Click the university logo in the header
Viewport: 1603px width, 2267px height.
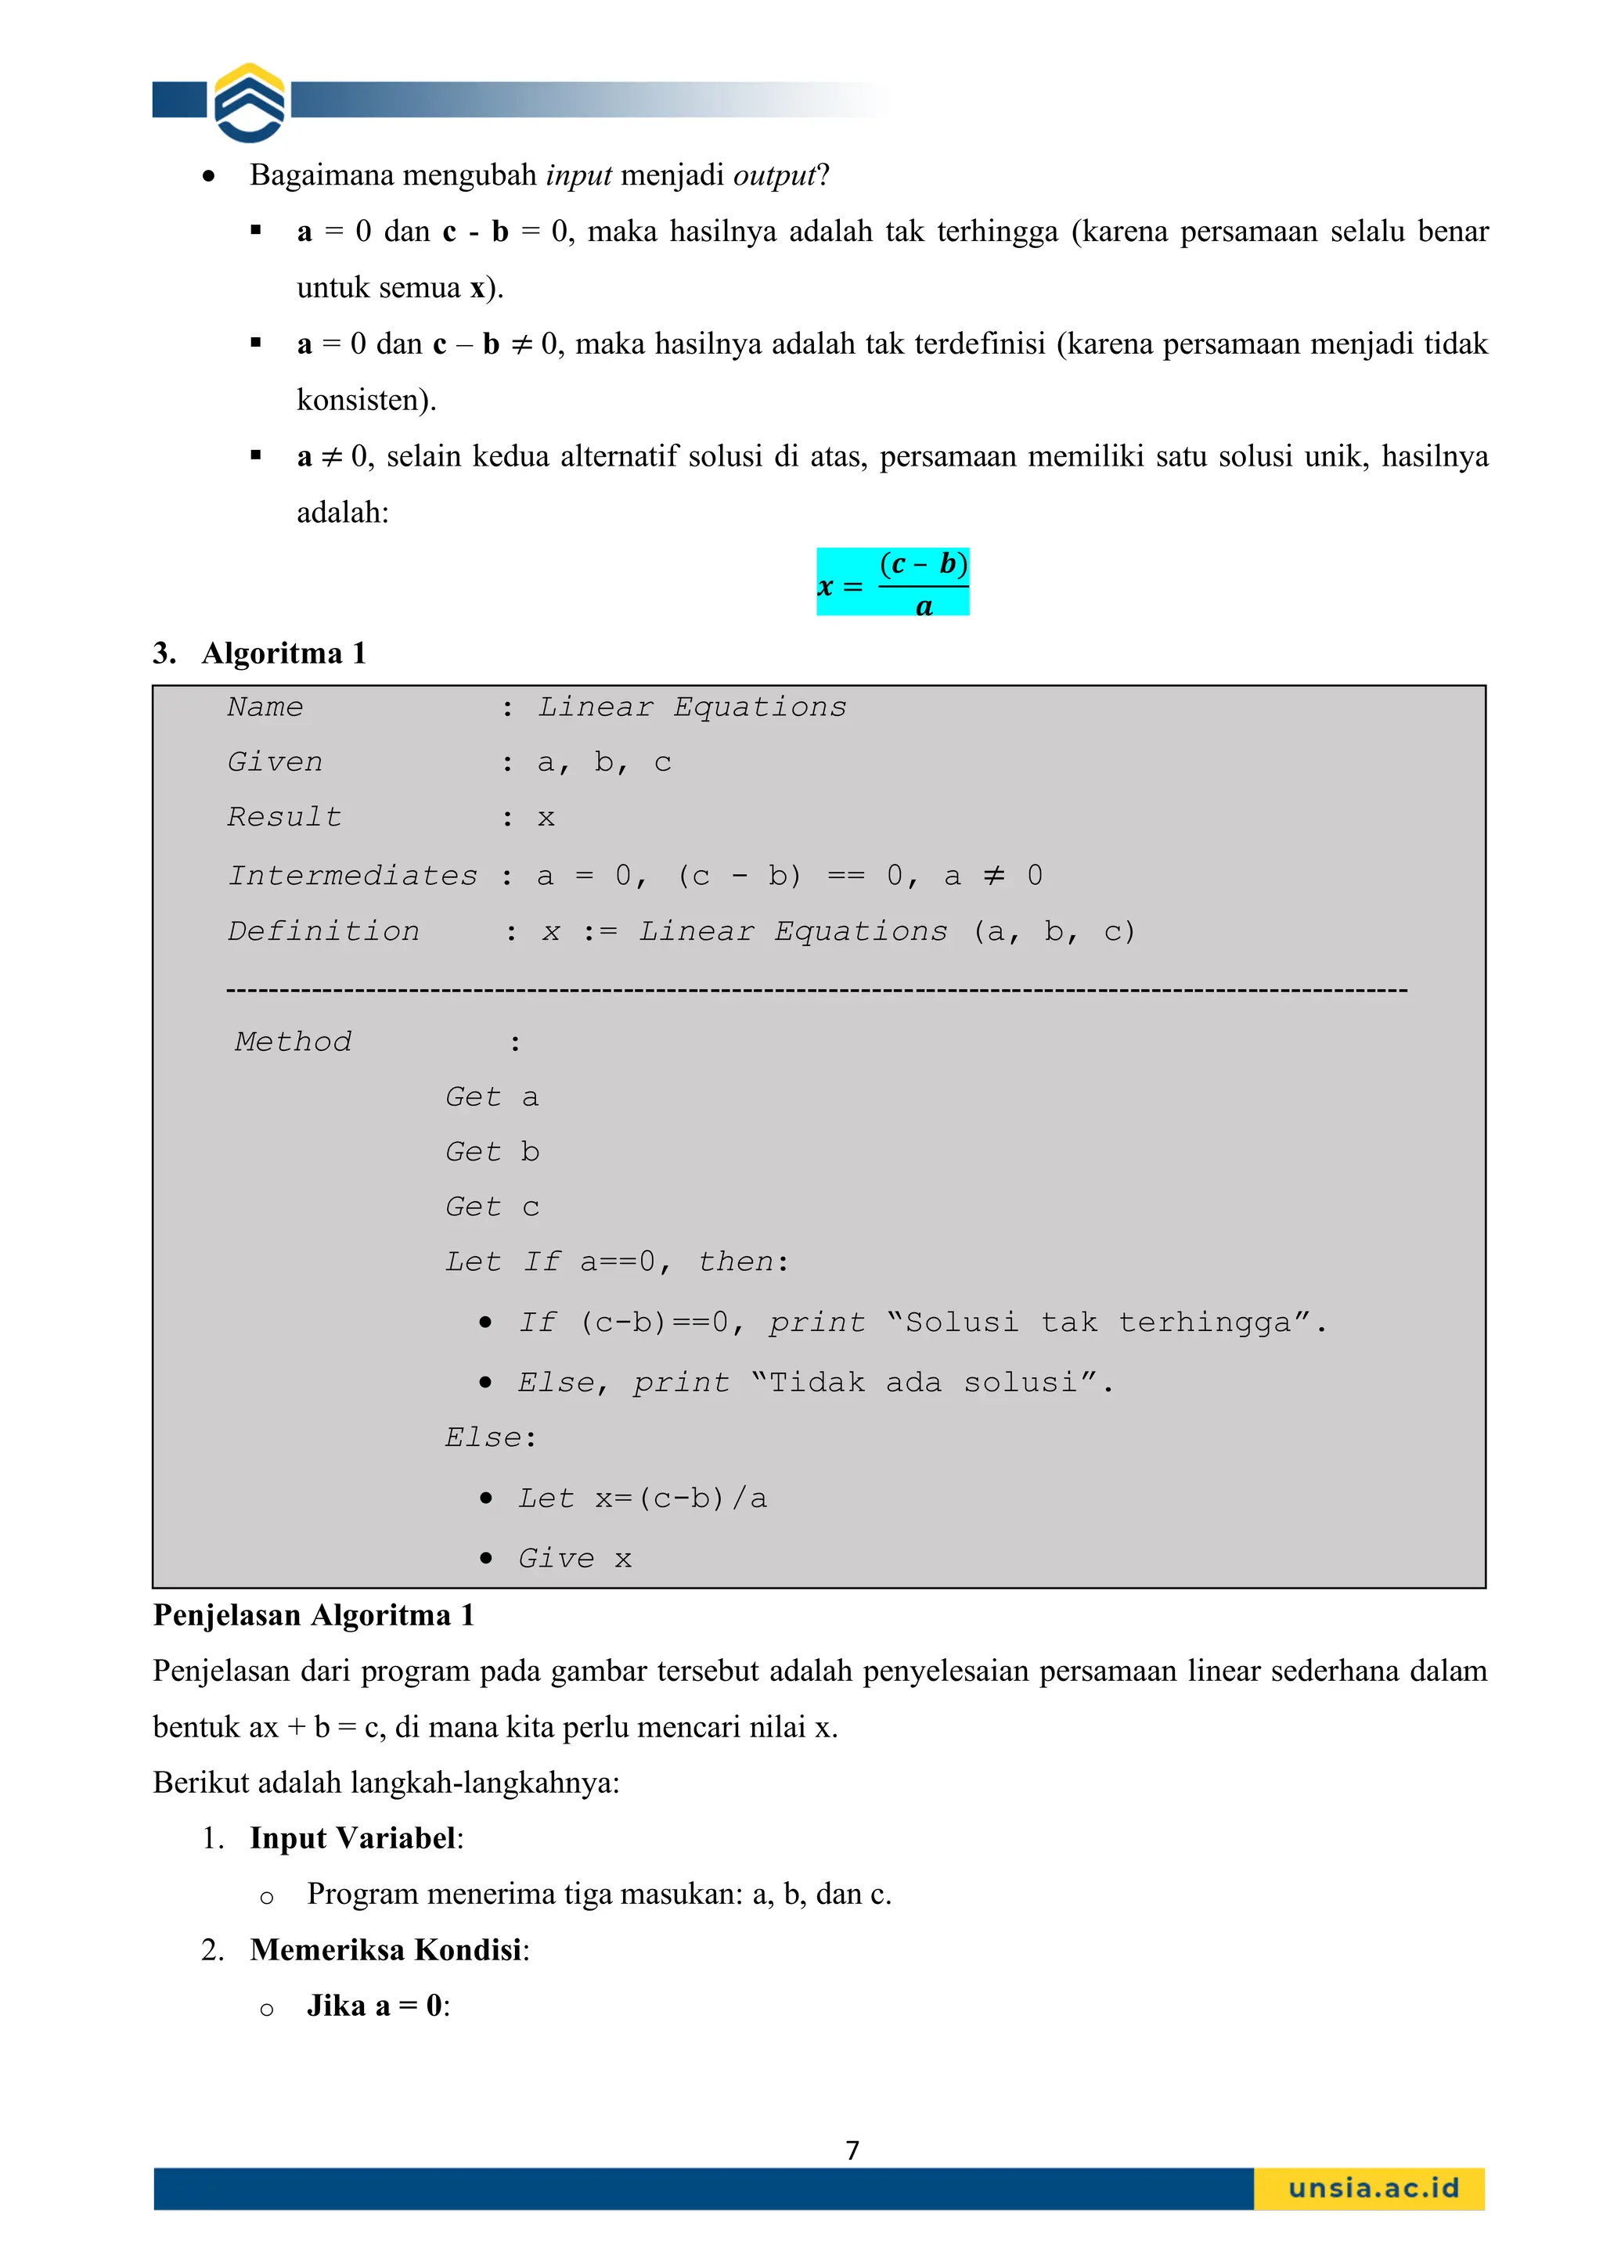coord(250,103)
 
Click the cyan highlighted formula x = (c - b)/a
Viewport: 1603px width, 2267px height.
coord(892,582)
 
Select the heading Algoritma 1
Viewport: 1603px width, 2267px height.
coord(283,653)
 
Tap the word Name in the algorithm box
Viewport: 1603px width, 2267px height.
coord(265,707)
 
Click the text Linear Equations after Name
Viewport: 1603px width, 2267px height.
coord(691,707)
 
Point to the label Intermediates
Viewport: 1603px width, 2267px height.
coord(352,876)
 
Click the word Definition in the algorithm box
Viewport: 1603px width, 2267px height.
coord(323,931)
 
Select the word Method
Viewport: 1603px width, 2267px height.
coord(294,1042)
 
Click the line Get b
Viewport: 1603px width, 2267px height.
coord(492,1152)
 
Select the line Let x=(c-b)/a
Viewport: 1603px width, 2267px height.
coord(642,1499)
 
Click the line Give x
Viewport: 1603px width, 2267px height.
coord(574,1559)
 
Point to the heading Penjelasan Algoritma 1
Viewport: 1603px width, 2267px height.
coord(313,1615)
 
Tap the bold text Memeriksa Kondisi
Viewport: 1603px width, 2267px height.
coord(386,1950)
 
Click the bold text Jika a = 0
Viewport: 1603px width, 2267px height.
coord(376,2006)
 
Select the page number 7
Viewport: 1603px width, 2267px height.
coord(852,2150)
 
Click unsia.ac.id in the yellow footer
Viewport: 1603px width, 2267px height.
coord(1373,2188)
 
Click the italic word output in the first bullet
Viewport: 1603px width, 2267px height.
coord(773,176)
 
